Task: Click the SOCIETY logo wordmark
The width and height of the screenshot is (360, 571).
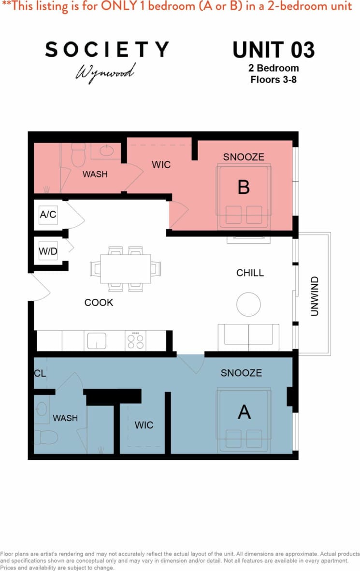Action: [x=107, y=49]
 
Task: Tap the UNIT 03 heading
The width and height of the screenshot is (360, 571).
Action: [x=274, y=50]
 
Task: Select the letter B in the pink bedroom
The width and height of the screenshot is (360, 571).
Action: [x=244, y=187]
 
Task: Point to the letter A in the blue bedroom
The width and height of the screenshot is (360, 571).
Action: [x=245, y=412]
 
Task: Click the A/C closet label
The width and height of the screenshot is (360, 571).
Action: [x=48, y=215]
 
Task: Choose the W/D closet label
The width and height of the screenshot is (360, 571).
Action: [x=48, y=251]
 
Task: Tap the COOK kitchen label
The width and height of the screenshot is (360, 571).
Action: [x=99, y=303]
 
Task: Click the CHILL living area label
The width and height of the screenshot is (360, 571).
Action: [x=250, y=273]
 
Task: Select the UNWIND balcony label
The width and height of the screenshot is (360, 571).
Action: [x=315, y=296]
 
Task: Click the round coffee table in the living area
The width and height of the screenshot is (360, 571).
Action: [x=248, y=304]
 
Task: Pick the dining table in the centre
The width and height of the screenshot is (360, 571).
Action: [x=126, y=269]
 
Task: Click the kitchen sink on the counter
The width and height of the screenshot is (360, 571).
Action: [x=97, y=341]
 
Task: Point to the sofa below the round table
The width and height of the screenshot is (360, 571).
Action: [x=248, y=337]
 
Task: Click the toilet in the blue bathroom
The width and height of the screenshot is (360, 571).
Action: [x=46, y=437]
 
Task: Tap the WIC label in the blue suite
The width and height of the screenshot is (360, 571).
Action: [x=144, y=425]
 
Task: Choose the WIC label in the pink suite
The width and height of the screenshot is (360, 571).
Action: [x=161, y=165]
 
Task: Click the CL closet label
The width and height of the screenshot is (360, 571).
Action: [x=40, y=373]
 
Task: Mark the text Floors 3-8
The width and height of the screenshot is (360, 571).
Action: [x=274, y=79]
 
